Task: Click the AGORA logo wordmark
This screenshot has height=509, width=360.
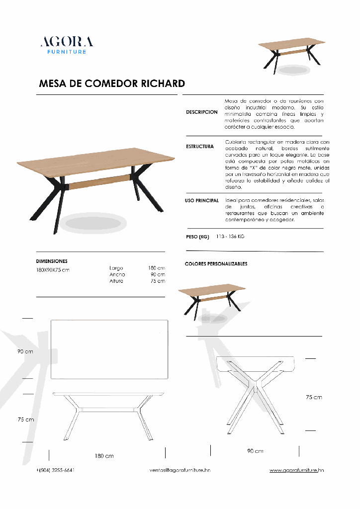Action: tap(66, 41)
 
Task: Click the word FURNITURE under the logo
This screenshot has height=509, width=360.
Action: tap(66, 52)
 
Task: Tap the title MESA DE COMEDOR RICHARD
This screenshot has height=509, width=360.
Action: tap(112, 84)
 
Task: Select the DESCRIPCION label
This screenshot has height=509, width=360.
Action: tap(202, 112)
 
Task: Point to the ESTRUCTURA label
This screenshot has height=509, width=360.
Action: tap(200, 147)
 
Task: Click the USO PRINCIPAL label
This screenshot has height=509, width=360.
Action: tap(202, 200)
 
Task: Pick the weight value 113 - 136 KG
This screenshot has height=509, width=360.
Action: tap(230, 237)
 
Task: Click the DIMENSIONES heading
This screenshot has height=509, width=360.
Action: tap(52, 261)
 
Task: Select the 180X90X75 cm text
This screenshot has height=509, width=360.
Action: tap(53, 269)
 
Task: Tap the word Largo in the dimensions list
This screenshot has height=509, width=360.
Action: tap(116, 268)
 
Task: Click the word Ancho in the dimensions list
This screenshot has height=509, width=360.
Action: tap(117, 274)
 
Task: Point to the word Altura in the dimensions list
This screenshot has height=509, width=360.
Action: tap(116, 281)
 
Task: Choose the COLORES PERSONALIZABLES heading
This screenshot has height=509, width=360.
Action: tap(216, 264)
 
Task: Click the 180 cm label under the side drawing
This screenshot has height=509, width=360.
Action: tap(104, 456)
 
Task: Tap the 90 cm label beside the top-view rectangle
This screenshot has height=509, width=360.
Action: tap(25, 351)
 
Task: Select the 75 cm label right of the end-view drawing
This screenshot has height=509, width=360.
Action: tap(314, 397)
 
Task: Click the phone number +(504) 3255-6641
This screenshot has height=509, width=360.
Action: tap(55, 470)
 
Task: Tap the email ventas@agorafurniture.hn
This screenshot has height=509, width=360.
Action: tap(180, 470)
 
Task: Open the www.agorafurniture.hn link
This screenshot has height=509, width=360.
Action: tap(297, 470)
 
